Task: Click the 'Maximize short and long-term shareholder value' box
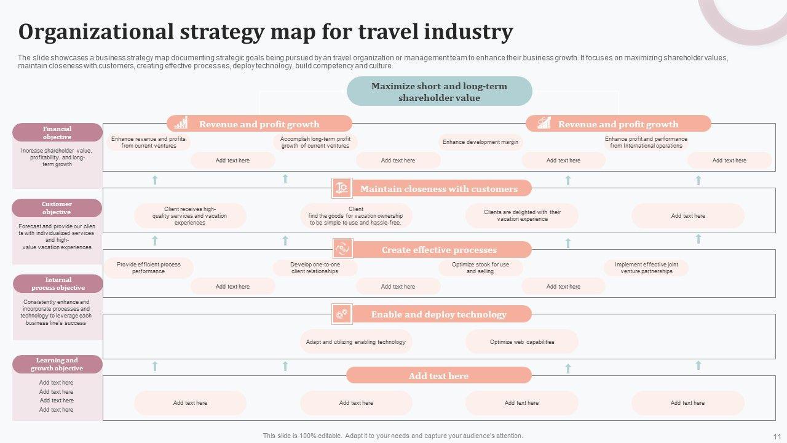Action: [x=439, y=92]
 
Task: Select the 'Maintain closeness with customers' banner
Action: [x=438, y=189]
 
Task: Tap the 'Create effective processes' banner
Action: [x=438, y=250]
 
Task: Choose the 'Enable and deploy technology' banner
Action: [x=438, y=314]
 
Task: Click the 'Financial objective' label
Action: [x=57, y=133]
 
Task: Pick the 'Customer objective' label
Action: [x=57, y=208]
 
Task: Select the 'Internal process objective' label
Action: [x=58, y=284]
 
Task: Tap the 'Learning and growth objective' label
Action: [x=57, y=364]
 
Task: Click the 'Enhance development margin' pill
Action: [x=480, y=142]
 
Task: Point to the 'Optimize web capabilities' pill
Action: [x=522, y=342]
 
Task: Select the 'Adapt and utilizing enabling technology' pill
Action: [x=356, y=342]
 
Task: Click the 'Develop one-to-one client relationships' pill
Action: [x=315, y=268]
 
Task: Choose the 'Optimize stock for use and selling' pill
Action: [x=480, y=268]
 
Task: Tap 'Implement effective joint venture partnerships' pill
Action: [x=646, y=268]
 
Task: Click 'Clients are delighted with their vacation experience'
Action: [x=522, y=215]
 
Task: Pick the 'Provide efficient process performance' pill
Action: [x=148, y=268]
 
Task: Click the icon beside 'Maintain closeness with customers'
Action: [x=342, y=188]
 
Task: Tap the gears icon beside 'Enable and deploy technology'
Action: [x=342, y=314]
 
